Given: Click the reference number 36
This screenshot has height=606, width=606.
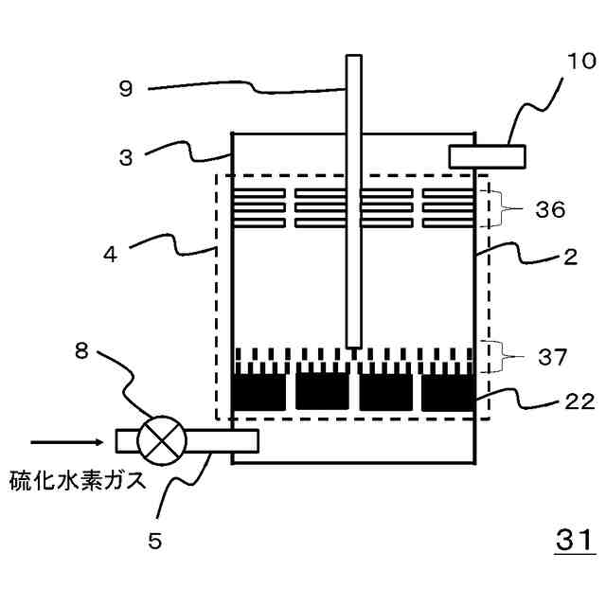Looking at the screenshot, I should tap(548, 208).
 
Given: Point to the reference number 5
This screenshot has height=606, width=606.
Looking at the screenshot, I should tap(154, 541).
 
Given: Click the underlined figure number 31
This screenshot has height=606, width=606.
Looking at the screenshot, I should tap(574, 542).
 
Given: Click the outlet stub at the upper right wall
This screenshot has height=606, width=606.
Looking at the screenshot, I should tap(488, 153).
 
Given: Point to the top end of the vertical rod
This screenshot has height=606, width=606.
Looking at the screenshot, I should tap(353, 59).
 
